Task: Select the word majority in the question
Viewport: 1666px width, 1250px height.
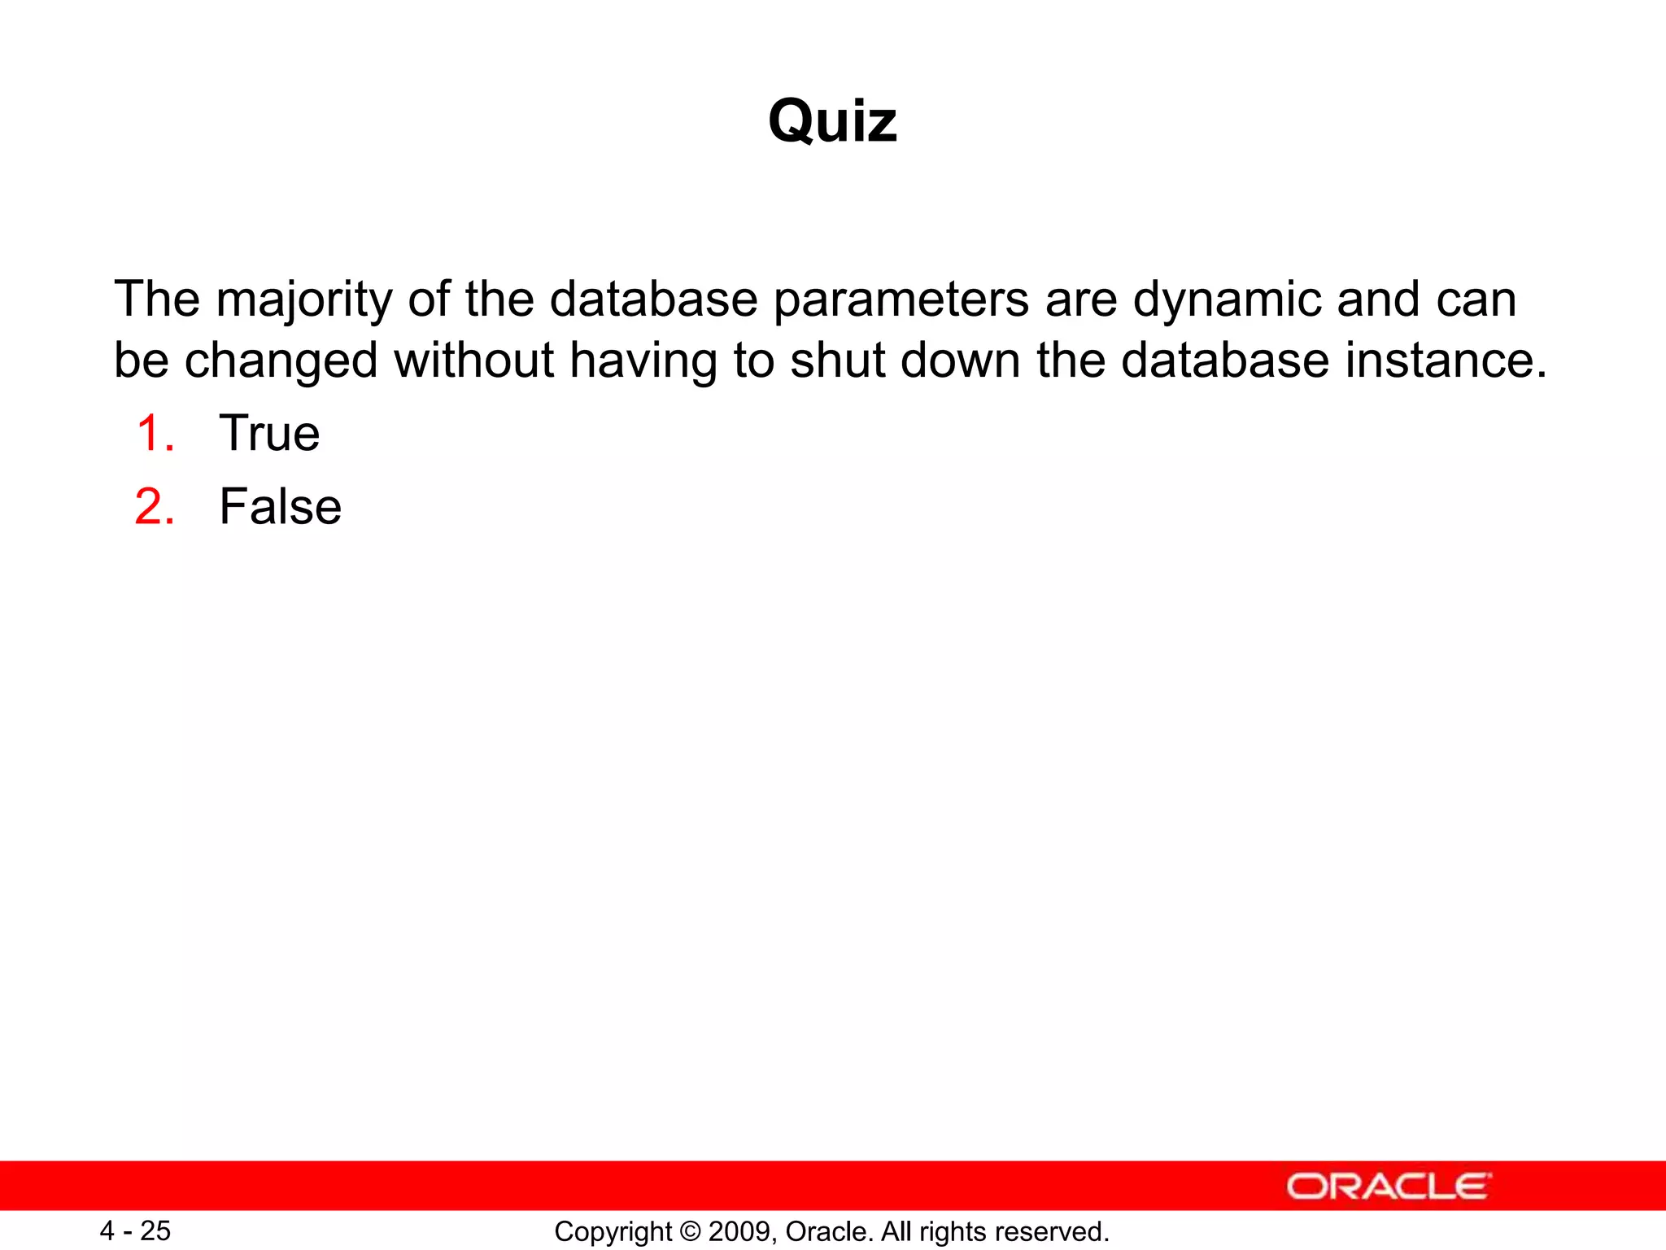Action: coord(304,299)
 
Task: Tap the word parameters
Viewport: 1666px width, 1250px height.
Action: coord(901,299)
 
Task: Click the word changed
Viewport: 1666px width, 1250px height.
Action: coord(281,361)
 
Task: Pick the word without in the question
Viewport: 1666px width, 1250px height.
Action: coord(473,361)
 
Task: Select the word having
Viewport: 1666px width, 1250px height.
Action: coord(643,361)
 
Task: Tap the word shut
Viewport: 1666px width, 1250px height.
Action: coord(837,361)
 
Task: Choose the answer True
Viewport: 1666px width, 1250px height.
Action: coord(269,433)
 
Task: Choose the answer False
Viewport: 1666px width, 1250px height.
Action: coord(280,506)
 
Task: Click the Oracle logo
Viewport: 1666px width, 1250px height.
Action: coord(1388,1187)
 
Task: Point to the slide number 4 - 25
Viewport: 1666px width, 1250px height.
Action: coord(135,1230)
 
